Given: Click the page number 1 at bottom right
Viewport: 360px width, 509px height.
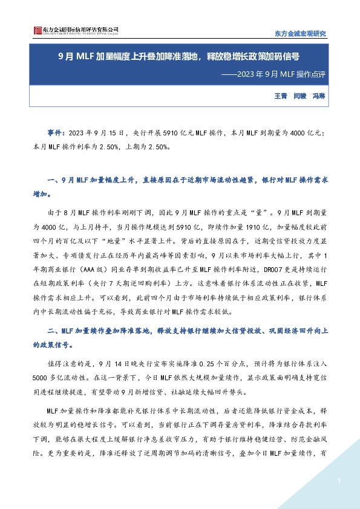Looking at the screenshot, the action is coord(340,481).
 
